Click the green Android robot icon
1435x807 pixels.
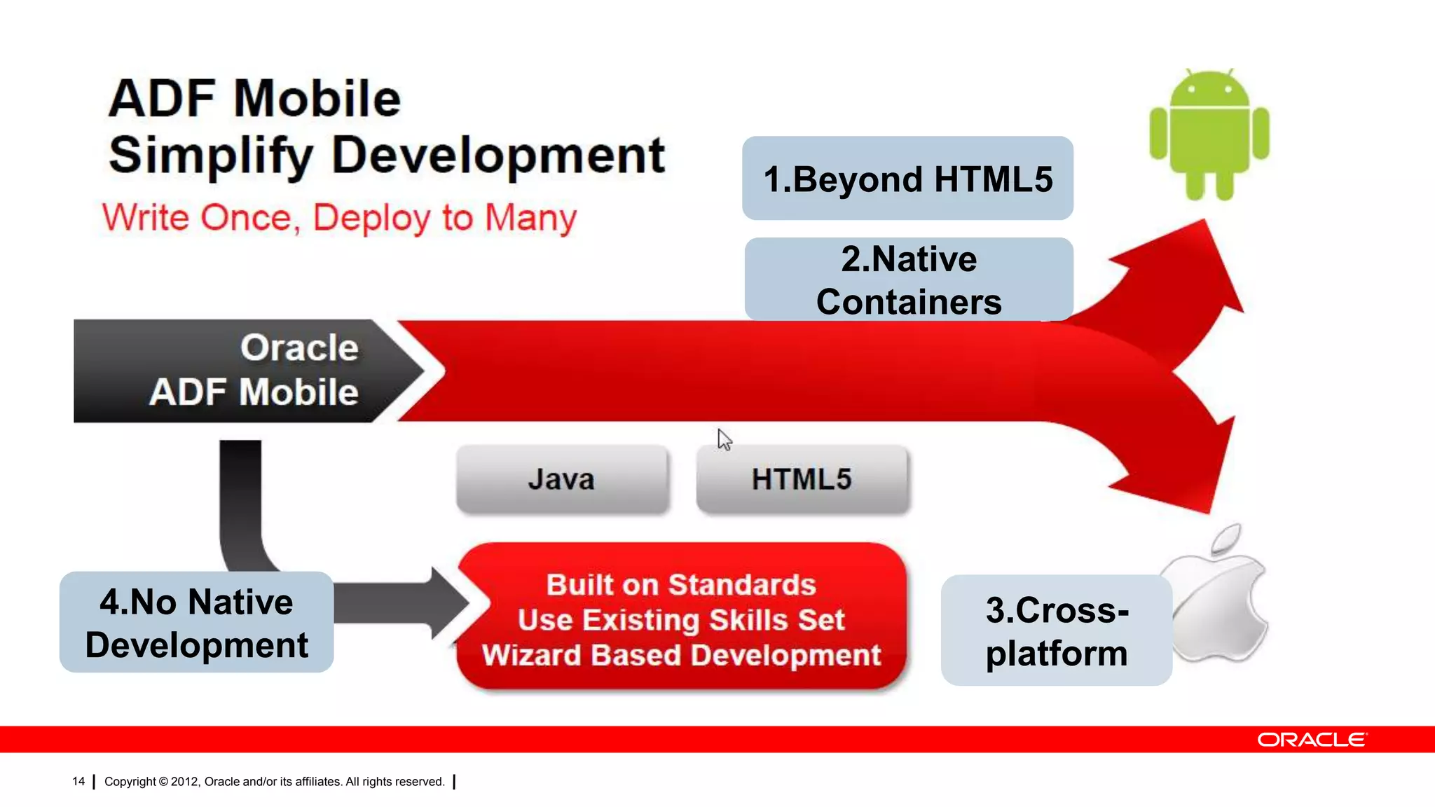click(x=1209, y=133)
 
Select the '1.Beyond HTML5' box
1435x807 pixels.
click(x=907, y=179)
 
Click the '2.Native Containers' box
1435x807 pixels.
click(x=909, y=280)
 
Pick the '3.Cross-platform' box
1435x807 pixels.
click(x=1056, y=630)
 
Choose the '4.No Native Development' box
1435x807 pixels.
click(x=196, y=623)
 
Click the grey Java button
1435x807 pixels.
click(x=562, y=480)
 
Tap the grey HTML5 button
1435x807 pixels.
click(x=802, y=480)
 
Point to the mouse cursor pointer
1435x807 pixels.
click(x=724, y=440)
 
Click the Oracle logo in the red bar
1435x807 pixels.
click(x=1311, y=740)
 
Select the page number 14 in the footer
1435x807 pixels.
click(x=78, y=781)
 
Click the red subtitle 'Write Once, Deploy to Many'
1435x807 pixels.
click(x=339, y=217)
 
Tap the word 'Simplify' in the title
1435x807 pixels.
click(x=210, y=156)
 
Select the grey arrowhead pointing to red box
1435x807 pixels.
click(x=448, y=602)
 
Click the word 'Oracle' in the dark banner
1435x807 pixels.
click(x=299, y=348)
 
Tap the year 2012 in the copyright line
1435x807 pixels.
click(x=185, y=781)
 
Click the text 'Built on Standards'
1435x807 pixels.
click(x=681, y=585)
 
